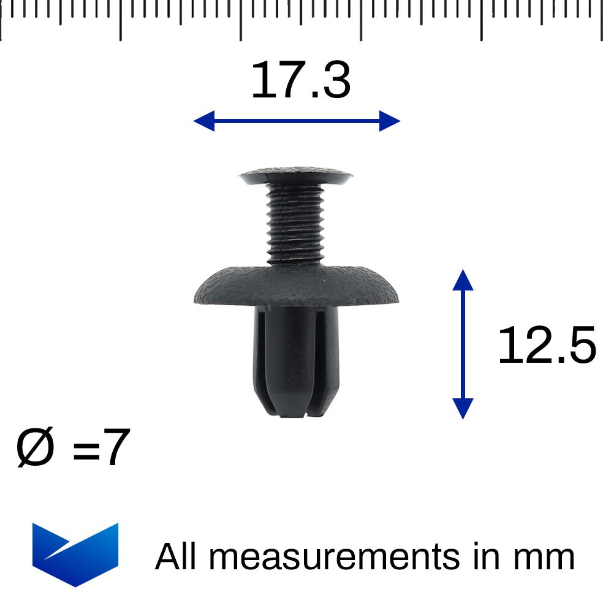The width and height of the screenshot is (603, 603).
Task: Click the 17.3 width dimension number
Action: tap(300, 82)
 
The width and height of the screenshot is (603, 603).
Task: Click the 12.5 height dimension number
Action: tap(545, 346)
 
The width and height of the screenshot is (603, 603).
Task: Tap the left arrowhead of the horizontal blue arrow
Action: tap(203, 121)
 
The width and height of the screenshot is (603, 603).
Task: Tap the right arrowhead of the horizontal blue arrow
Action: tap(390, 121)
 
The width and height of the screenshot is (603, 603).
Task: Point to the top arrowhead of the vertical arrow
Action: tap(463, 279)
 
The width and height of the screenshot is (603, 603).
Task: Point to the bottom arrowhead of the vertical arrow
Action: tap(463, 408)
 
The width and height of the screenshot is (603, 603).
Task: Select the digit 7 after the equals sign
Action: tap(115, 448)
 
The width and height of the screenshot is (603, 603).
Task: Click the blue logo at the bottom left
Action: tap(75, 553)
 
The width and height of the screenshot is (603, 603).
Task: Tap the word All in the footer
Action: tap(177, 557)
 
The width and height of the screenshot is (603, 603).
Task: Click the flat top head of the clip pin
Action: tap(296, 176)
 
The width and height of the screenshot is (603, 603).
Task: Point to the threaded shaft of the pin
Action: tap(296, 224)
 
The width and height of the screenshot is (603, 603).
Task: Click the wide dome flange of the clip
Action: tap(294, 286)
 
